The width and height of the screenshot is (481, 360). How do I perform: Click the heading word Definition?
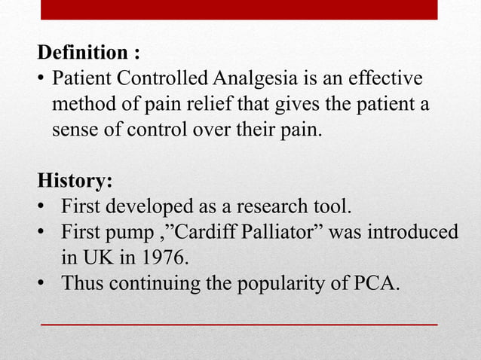82,54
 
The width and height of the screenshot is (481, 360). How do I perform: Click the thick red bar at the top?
238,9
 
